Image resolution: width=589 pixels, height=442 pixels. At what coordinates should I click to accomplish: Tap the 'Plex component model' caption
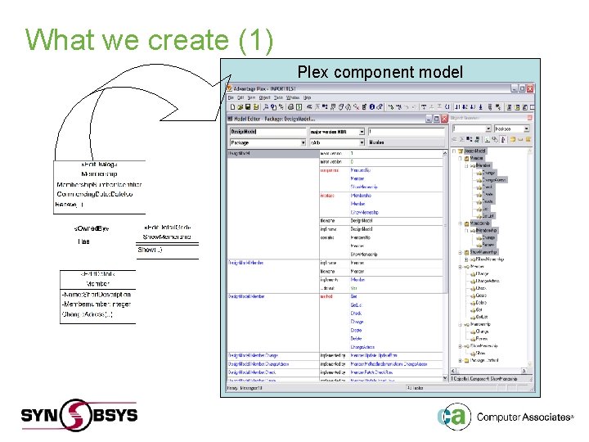pos(380,72)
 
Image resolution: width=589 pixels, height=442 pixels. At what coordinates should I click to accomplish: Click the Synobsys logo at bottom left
pos(79,414)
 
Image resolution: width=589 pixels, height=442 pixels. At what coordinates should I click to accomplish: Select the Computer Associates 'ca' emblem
pos(452,417)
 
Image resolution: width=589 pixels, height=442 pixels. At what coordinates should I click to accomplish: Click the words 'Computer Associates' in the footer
pos(524,417)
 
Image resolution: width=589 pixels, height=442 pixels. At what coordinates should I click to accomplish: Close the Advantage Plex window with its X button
pos(530,88)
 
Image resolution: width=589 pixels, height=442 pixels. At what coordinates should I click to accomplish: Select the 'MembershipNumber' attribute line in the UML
pos(99,184)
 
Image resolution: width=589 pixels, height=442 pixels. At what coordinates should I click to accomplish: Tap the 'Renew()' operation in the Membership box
pos(69,204)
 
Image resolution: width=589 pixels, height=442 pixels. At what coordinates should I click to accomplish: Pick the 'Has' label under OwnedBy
pos(83,241)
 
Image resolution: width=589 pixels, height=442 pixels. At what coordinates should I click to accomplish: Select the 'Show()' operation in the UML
pos(150,249)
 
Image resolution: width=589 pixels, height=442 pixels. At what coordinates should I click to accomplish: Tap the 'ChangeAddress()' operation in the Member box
pos(88,313)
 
